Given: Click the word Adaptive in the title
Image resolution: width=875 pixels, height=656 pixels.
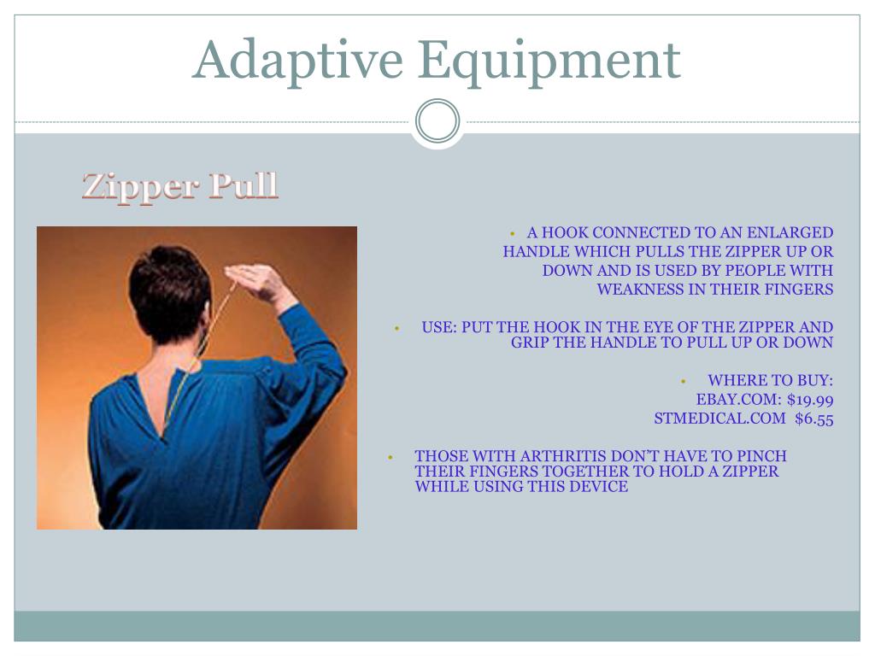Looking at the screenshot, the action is (x=297, y=61).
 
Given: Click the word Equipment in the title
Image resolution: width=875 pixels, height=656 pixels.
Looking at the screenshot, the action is (x=549, y=61).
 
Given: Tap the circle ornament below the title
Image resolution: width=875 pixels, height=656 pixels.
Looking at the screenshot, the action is (x=437, y=120).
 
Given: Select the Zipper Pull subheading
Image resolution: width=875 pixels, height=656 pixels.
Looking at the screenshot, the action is (x=179, y=185).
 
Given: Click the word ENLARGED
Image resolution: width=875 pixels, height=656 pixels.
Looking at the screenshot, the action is (x=790, y=232).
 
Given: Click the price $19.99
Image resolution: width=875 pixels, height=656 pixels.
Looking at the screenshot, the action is (x=810, y=400).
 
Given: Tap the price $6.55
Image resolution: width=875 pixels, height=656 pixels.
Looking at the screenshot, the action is (x=814, y=419).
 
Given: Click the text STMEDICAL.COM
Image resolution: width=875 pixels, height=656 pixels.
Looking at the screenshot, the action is (x=719, y=419).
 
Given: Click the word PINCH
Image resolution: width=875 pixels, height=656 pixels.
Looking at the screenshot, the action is (x=761, y=456).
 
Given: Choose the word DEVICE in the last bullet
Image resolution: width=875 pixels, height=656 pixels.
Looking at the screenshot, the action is (x=602, y=486).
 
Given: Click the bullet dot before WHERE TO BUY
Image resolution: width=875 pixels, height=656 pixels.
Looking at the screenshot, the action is (x=683, y=382).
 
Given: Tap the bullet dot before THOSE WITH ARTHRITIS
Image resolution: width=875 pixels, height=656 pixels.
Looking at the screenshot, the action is (x=391, y=458).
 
